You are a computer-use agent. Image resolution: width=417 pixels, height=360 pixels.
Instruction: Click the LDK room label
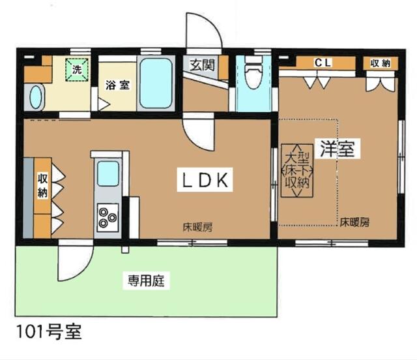click(205, 180)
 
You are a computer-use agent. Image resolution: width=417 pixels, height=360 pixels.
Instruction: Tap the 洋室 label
click(338, 149)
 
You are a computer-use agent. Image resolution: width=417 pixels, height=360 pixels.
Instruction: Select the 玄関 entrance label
click(202, 65)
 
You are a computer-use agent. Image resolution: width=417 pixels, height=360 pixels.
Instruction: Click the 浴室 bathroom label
click(117, 85)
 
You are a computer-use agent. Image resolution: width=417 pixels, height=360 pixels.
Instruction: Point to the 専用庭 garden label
click(146, 281)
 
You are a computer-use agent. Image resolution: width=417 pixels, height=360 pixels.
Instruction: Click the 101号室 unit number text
click(49, 332)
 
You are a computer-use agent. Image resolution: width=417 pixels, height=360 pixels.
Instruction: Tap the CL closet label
click(323, 63)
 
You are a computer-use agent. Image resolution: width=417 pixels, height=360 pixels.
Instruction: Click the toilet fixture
click(253, 72)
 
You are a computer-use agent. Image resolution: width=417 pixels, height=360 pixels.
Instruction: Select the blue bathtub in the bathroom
click(156, 83)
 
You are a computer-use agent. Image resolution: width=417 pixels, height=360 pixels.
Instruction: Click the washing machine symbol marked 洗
click(77, 70)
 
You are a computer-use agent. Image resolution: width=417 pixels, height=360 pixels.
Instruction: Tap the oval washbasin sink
click(35, 97)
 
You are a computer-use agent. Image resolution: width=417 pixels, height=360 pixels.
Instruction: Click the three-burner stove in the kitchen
click(108, 217)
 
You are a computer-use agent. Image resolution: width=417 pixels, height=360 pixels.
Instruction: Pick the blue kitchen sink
click(108, 173)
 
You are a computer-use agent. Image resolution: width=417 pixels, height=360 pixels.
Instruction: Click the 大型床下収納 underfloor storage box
click(297, 171)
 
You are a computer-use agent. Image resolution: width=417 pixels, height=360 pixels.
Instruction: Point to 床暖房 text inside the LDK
click(197, 227)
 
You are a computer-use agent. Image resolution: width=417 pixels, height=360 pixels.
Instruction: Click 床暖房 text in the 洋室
click(354, 222)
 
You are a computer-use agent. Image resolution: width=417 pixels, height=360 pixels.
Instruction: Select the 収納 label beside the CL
click(381, 63)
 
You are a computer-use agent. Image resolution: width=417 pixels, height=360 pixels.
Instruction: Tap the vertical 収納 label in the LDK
click(42, 185)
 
